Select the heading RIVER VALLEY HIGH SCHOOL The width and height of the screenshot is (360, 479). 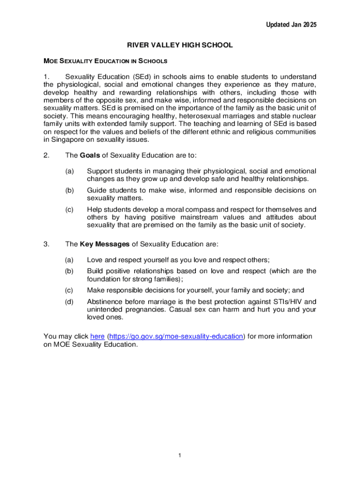coord(180,45)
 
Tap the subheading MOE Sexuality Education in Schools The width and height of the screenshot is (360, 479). coord(105,61)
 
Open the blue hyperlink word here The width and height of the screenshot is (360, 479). coord(97,336)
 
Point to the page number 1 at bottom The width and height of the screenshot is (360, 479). coord(180,456)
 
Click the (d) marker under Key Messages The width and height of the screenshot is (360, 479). coord(69,302)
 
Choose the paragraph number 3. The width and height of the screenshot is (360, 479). coord(46,244)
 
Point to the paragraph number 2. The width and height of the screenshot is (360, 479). coord(46,155)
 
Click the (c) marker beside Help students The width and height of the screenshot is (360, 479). coord(69,209)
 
